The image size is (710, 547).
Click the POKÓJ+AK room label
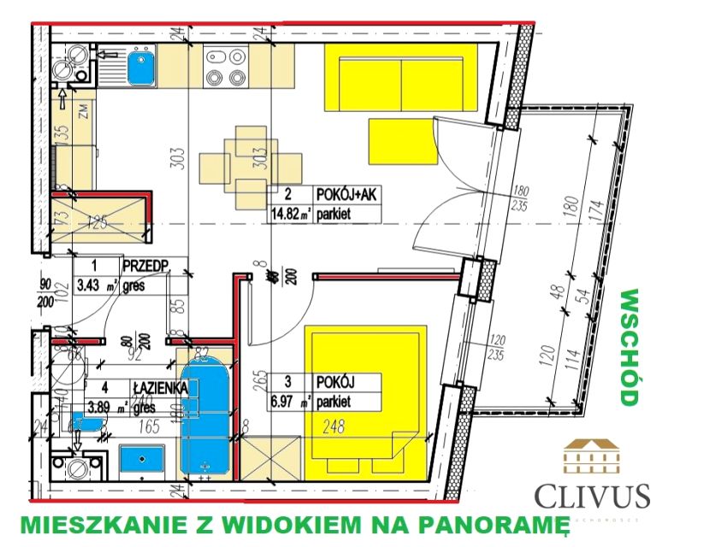[x=346, y=196]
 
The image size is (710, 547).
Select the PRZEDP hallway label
[x=145, y=264]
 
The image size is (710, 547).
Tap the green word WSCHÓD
[x=630, y=346]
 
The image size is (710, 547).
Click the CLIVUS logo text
[x=591, y=496]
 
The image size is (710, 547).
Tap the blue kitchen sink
[x=140, y=68]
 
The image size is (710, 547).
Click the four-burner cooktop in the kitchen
[x=226, y=67]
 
